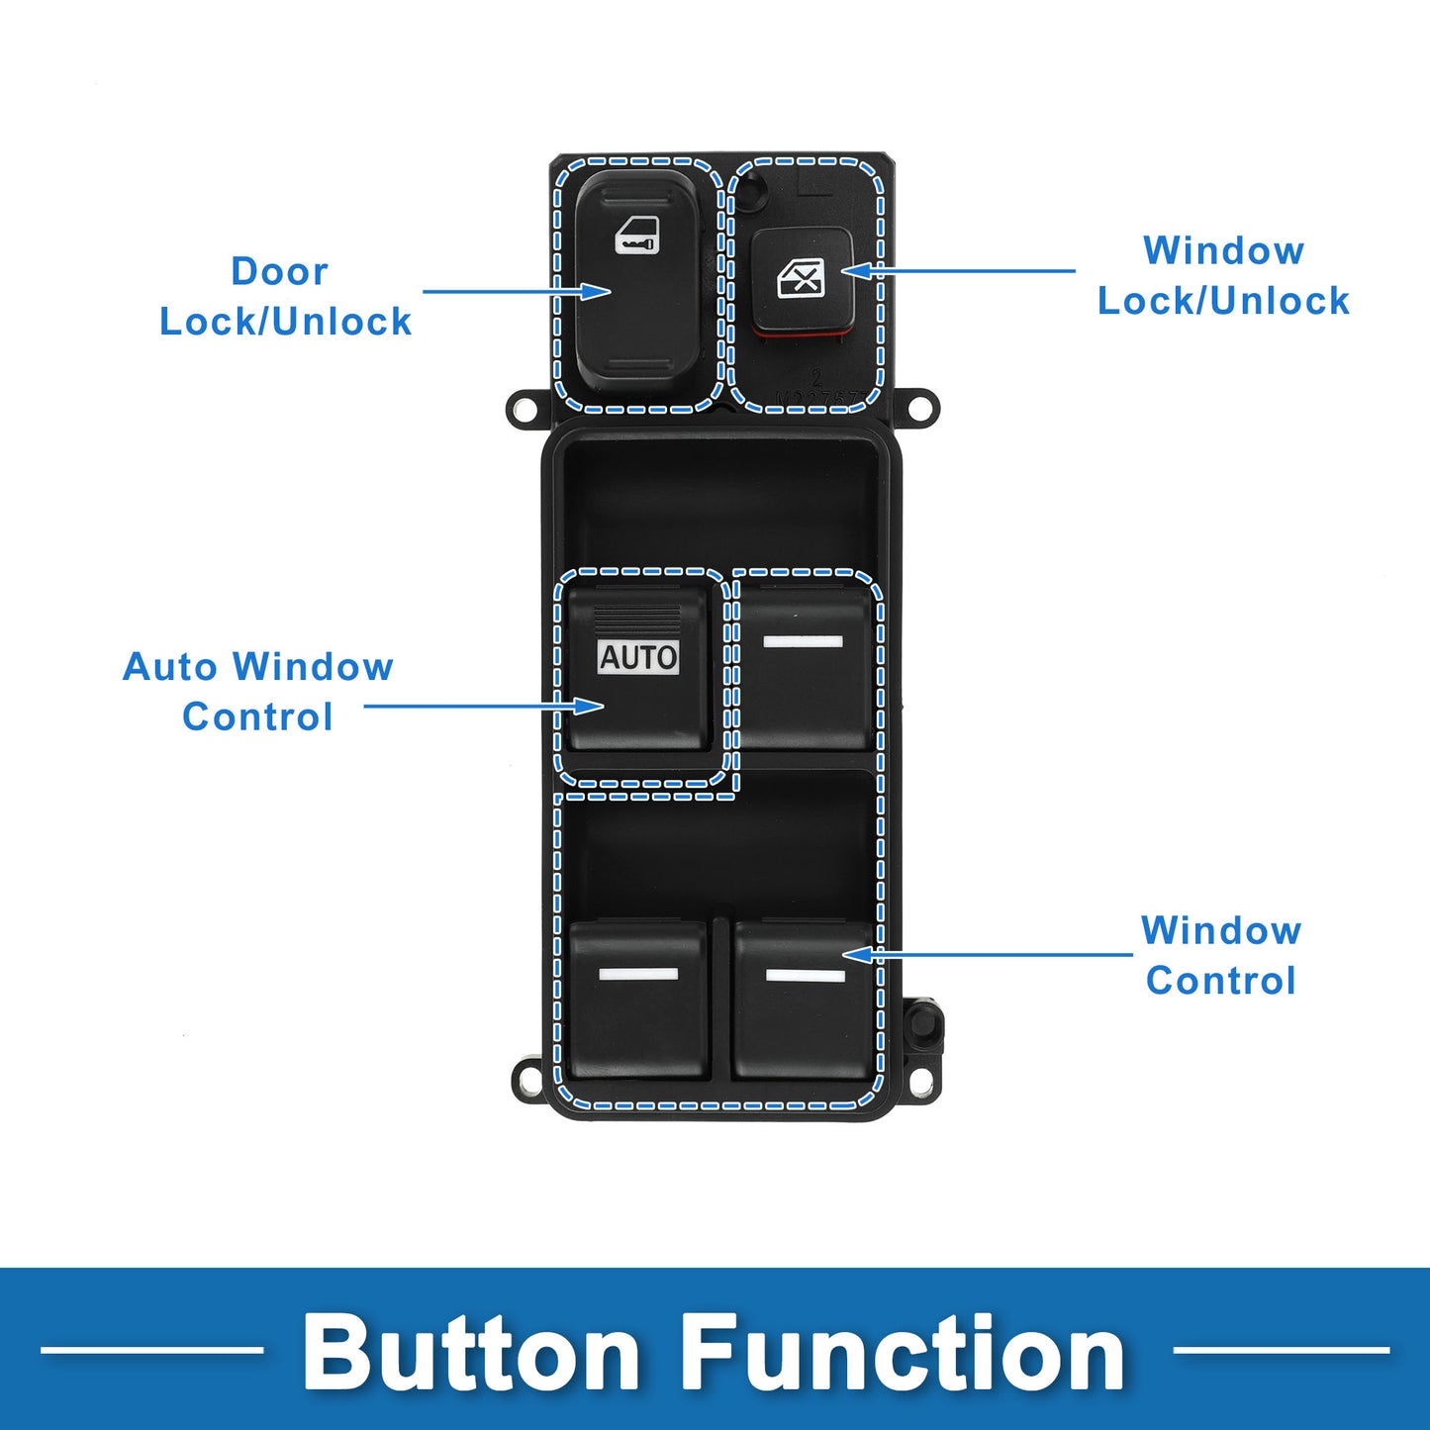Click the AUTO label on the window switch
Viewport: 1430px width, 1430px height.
[x=638, y=657]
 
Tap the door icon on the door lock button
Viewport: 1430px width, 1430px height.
[x=636, y=236]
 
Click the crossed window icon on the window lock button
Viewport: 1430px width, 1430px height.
[x=801, y=278]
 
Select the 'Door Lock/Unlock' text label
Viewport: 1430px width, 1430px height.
[x=285, y=296]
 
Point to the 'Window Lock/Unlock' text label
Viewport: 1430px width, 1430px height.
[x=1224, y=275]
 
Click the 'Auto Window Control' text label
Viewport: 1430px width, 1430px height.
[x=257, y=692]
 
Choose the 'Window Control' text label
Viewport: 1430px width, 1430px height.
[x=1221, y=955]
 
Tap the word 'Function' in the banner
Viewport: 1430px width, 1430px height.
[x=902, y=1352]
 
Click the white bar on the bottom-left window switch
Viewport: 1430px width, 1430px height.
[x=638, y=974]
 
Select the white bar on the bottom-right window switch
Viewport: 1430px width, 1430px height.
[x=806, y=975]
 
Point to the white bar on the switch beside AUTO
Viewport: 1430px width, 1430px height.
[x=803, y=642]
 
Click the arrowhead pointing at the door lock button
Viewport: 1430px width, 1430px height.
[x=595, y=291]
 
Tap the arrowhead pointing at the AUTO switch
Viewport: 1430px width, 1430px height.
[x=589, y=706]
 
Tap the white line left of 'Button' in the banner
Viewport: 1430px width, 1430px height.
[x=152, y=1350]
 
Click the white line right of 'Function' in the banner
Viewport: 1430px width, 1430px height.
[x=1282, y=1350]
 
